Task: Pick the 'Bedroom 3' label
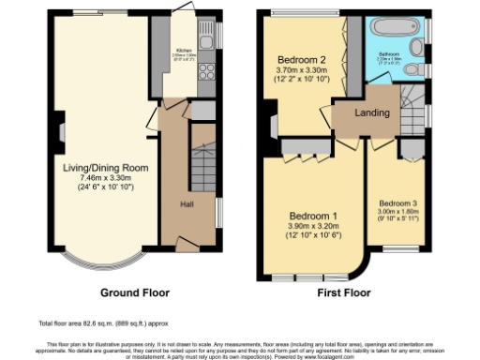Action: click(399, 202)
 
